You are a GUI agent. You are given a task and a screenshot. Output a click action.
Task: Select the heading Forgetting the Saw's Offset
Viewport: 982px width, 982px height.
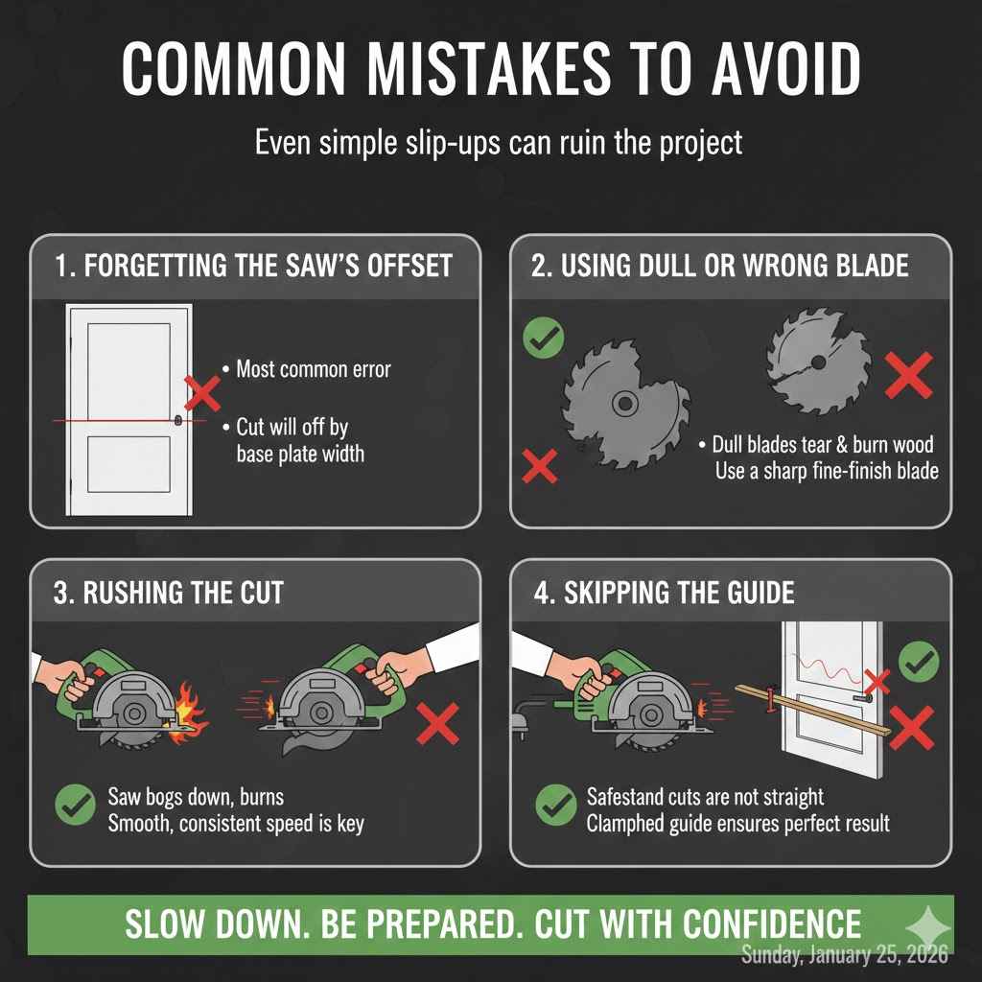click(x=253, y=266)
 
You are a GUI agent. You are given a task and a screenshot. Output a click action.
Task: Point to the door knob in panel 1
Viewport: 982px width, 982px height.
click(x=178, y=419)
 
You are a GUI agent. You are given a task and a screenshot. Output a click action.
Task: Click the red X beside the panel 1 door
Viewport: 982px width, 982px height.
click(x=202, y=392)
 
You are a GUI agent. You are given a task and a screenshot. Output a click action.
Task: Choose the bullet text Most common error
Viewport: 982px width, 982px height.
click(x=313, y=368)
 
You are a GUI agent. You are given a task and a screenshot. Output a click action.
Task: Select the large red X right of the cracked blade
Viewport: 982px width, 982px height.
click(x=908, y=374)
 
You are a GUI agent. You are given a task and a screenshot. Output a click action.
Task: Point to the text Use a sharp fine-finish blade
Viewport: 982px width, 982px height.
click(x=826, y=471)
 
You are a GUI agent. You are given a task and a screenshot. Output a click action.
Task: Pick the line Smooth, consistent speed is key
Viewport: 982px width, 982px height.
click(x=235, y=824)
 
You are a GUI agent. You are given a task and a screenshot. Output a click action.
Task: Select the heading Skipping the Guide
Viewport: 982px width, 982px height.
click(x=664, y=592)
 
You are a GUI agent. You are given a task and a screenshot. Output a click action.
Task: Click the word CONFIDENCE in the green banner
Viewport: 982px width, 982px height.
click(x=772, y=924)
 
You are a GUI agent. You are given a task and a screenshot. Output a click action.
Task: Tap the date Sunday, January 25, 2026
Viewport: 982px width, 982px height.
click(x=845, y=954)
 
